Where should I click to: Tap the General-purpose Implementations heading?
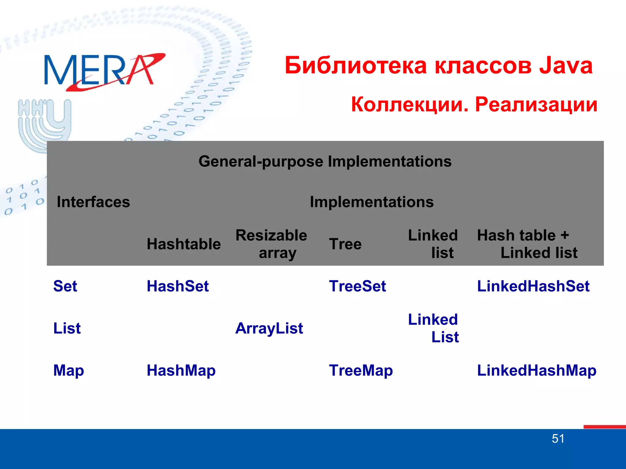pyautogui.click(x=325, y=161)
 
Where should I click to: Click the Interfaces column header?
pyautogui.click(x=93, y=202)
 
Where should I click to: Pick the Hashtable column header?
pyautogui.click(x=183, y=244)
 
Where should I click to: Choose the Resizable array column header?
pyautogui.click(x=271, y=244)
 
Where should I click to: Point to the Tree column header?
pyautogui.click(x=345, y=244)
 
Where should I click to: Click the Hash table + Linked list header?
pyautogui.click(x=527, y=244)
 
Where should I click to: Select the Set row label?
pyautogui.click(x=65, y=286)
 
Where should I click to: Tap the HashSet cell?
pyautogui.click(x=178, y=286)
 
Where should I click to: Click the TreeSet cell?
pyautogui.click(x=357, y=286)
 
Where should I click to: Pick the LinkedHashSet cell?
pyautogui.click(x=533, y=286)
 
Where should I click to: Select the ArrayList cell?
pyautogui.click(x=269, y=328)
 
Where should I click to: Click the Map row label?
pyautogui.click(x=68, y=370)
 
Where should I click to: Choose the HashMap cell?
pyautogui.click(x=181, y=370)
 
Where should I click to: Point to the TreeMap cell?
pyautogui.click(x=361, y=370)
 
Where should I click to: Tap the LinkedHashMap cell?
pyautogui.click(x=536, y=370)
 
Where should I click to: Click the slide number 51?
pyautogui.click(x=558, y=438)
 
